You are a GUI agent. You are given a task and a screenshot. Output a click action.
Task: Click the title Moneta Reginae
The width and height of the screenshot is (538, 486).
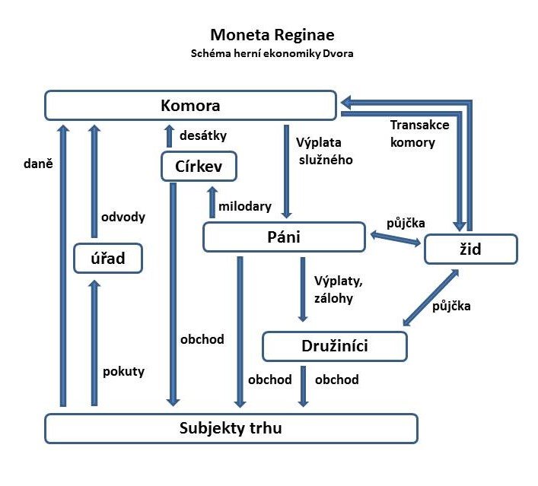click(x=272, y=35)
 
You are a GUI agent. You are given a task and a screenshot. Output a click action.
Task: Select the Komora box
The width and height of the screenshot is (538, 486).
click(x=190, y=105)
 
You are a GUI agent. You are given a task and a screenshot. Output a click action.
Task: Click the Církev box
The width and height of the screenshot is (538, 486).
click(x=198, y=166)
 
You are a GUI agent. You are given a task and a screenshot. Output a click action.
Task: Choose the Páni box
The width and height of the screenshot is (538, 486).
click(x=285, y=237)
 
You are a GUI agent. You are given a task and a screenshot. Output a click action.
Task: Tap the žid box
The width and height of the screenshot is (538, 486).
click(x=470, y=249)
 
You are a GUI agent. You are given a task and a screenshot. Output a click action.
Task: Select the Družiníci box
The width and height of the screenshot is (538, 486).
click(x=335, y=346)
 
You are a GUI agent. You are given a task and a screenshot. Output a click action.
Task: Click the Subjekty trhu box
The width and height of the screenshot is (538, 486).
click(x=231, y=427)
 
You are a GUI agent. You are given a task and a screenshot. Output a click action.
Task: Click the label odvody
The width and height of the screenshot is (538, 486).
click(x=123, y=217)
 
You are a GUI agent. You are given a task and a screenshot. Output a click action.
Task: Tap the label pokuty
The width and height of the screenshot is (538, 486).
click(x=123, y=372)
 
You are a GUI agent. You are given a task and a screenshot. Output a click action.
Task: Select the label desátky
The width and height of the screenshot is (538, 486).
click(x=203, y=135)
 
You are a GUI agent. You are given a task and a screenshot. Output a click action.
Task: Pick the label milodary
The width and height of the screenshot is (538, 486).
click(x=246, y=206)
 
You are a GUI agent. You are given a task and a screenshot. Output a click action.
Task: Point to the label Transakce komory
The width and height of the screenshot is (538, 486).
click(x=412, y=132)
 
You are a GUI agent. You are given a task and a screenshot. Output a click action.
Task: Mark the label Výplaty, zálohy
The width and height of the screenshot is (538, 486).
click(x=333, y=290)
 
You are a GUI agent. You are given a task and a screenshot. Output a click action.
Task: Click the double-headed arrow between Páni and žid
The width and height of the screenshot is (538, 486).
click(x=394, y=239)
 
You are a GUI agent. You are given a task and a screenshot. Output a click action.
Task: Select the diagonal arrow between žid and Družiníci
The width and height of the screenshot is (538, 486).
click(x=431, y=297)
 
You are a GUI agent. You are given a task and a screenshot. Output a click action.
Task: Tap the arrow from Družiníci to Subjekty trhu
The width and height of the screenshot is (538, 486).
click(x=304, y=386)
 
